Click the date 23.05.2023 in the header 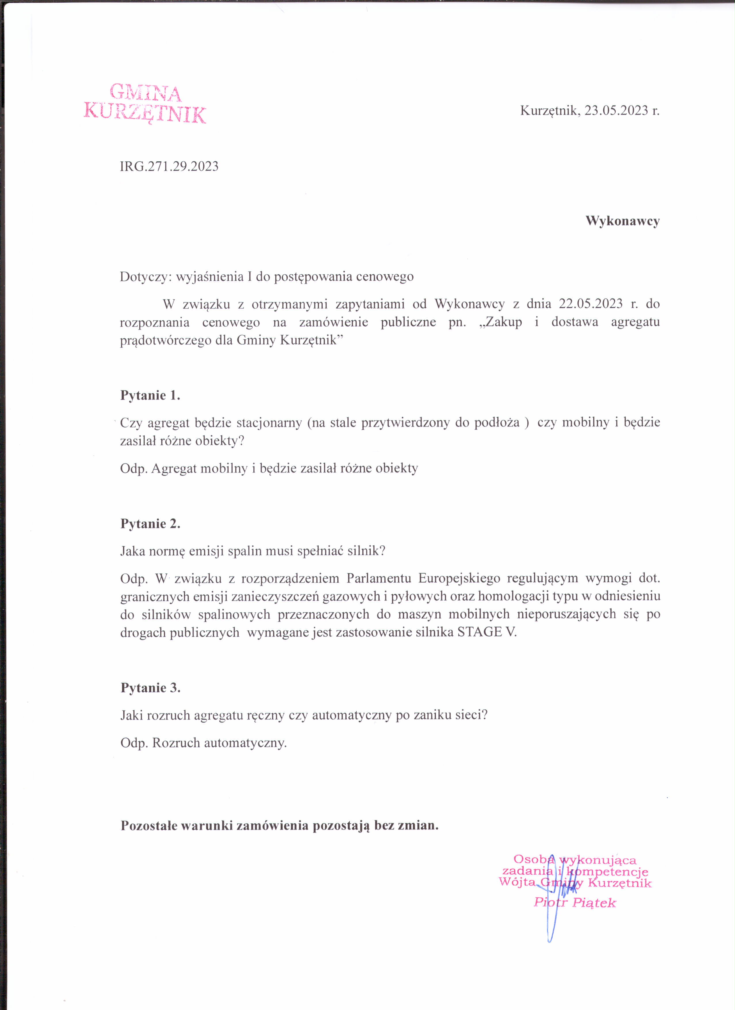pyautogui.click(x=616, y=110)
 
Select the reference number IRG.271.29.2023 pyautogui.click(x=169, y=166)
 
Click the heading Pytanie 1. pyautogui.click(x=150, y=395)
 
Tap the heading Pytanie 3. pyautogui.click(x=150, y=688)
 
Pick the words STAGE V pyautogui.click(x=487, y=632)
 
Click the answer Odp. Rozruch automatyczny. pyautogui.click(x=204, y=743)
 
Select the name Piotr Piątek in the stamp pyautogui.click(x=575, y=903)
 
